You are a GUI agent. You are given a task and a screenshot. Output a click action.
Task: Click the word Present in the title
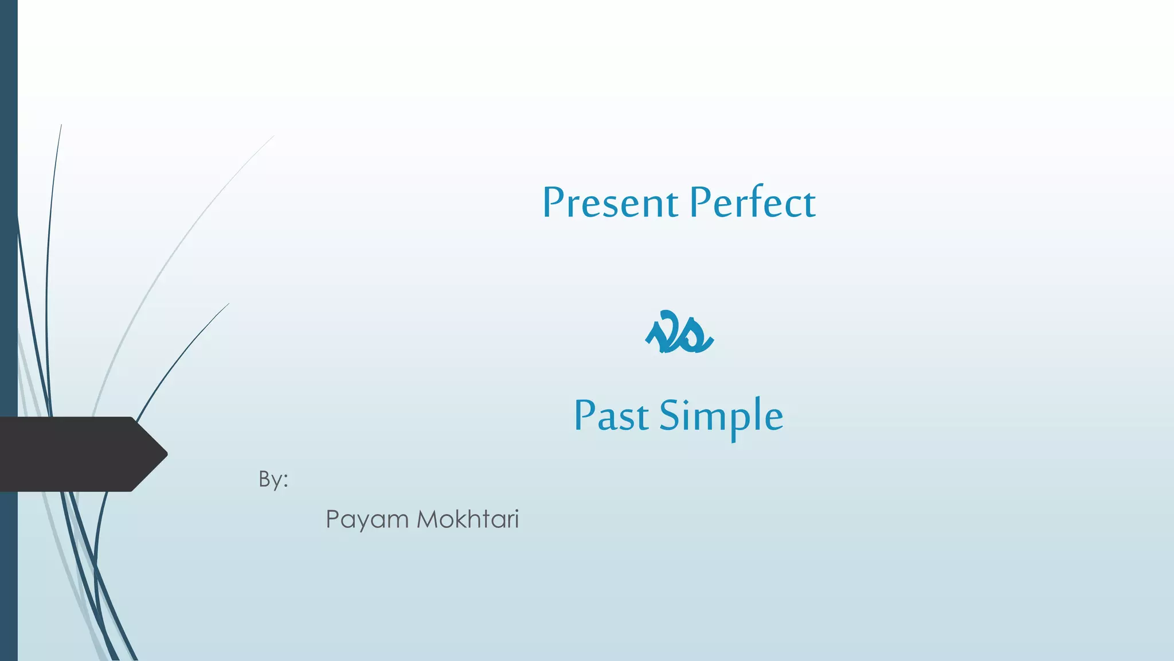coord(610,204)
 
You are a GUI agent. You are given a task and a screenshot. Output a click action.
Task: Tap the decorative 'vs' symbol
coord(679,333)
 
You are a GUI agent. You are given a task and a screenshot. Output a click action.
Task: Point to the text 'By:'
coord(273,479)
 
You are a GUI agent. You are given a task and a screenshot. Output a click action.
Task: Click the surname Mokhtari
coord(467,519)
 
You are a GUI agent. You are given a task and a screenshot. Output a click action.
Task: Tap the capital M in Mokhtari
coord(428,519)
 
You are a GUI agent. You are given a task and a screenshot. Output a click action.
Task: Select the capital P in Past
coord(586,415)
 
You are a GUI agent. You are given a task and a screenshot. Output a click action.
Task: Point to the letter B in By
coord(265,478)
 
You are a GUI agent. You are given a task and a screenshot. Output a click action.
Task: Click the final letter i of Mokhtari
coord(516,519)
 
